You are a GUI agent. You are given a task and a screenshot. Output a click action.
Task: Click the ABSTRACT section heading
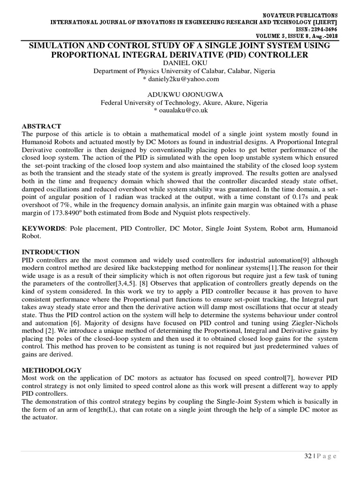click(x=42, y=127)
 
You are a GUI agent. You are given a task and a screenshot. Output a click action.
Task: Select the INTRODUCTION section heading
click(x=51, y=252)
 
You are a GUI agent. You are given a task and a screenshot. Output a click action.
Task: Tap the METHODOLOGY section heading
click(x=52, y=370)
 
